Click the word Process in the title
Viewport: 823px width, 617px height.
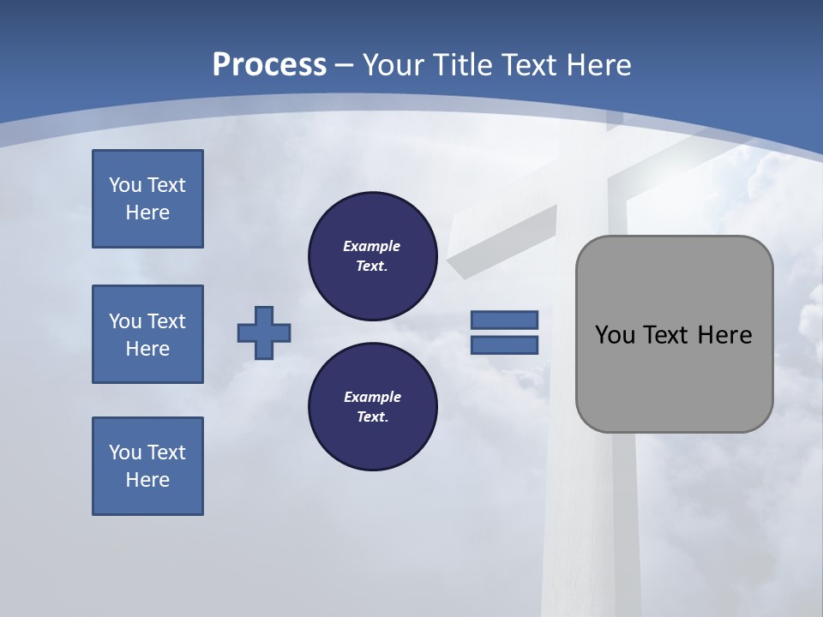(x=269, y=65)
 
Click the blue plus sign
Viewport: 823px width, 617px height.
(x=264, y=332)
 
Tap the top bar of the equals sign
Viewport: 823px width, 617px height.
(x=504, y=320)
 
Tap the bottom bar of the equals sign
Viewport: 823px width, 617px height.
(x=504, y=345)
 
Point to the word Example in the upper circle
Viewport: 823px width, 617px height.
(x=372, y=246)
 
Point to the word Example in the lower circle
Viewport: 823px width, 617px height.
(x=372, y=397)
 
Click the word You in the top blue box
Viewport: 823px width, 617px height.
(x=125, y=185)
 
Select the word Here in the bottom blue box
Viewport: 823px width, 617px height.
(x=147, y=480)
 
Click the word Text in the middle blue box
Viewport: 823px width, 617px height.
(x=166, y=321)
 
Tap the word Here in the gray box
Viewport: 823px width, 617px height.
(x=724, y=335)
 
